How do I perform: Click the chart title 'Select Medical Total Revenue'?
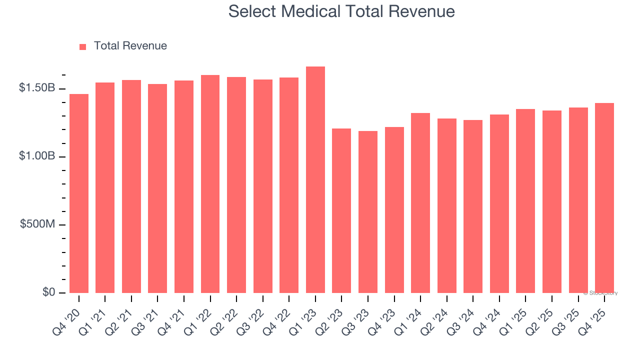tap(341, 11)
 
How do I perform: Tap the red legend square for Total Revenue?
tap(83, 46)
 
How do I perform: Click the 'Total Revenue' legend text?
tap(130, 46)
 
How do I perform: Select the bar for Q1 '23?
tap(315, 180)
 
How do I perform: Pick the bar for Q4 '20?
tap(79, 193)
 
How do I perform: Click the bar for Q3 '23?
tap(367, 212)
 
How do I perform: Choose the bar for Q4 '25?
tap(604, 198)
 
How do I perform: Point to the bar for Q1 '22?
tap(210, 184)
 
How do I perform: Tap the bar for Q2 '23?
tap(341, 210)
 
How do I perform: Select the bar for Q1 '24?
tap(420, 203)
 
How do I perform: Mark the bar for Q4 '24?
tap(499, 203)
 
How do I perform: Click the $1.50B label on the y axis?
tap(37, 88)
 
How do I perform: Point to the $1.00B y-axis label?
tap(37, 156)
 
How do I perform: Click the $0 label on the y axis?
tap(48, 292)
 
